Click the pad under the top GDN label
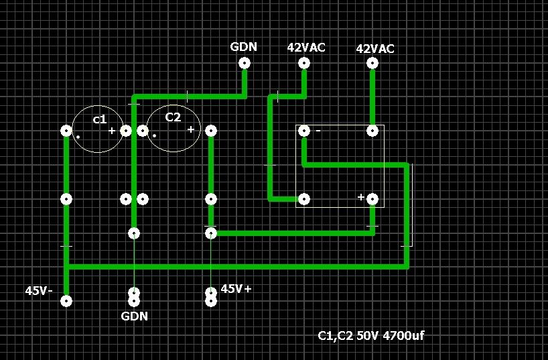(245, 63)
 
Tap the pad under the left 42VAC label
(304, 63)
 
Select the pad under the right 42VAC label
(372, 63)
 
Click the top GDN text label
(244, 47)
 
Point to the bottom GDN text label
(135, 316)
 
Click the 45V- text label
(39, 291)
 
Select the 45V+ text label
(236, 289)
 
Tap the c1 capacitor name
(99, 119)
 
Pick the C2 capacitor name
(173, 117)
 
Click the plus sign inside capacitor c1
(112, 130)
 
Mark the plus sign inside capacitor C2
(191, 129)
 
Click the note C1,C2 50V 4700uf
(370, 335)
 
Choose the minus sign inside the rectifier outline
(318, 131)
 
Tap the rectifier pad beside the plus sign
(372, 198)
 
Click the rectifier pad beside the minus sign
(304, 131)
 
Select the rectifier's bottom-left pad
(304, 198)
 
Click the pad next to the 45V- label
(66, 301)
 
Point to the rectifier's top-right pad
(372, 131)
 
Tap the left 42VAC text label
(306, 48)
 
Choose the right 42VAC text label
(375, 49)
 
